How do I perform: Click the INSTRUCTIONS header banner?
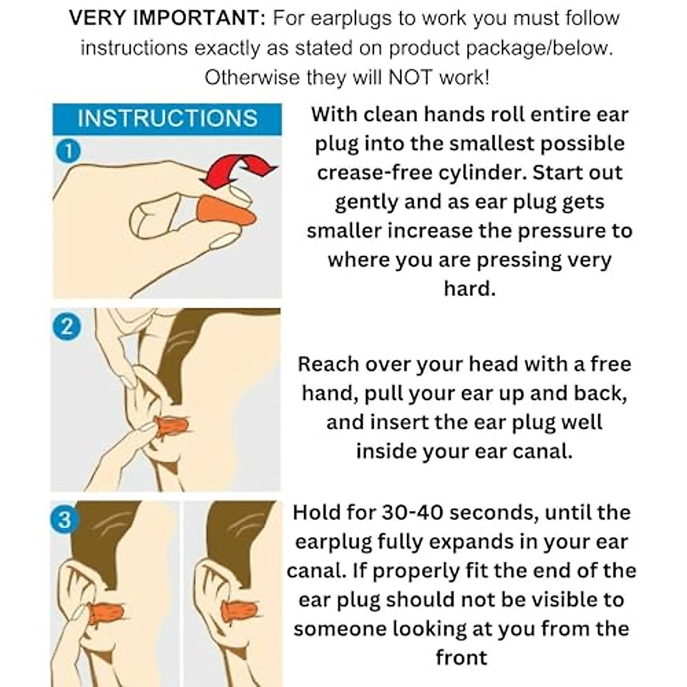point(167,119)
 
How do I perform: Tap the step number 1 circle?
point(68,152)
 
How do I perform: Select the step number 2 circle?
point(66,326)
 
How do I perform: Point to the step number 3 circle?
point(64,520)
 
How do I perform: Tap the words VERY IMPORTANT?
point(167,18)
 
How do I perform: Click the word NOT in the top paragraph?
point(410,77)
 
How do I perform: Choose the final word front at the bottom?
point(461,657)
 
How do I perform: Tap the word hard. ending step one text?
point(469,288)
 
